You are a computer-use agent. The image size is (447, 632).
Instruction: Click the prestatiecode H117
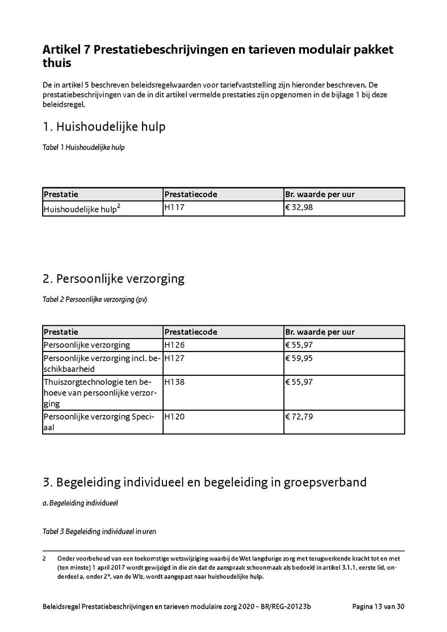174,208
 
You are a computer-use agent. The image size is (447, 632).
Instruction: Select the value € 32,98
299,208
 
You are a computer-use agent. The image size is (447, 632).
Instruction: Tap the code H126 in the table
174,345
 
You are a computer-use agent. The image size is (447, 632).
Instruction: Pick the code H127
174,358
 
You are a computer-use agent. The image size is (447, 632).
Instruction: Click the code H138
174,382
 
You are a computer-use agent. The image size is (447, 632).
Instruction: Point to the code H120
174,417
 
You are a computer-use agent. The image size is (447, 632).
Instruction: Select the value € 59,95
299,358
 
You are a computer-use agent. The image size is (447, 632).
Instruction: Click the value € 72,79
299,417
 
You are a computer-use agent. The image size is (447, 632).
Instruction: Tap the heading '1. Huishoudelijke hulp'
104,127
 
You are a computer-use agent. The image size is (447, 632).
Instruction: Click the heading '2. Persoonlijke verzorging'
113,279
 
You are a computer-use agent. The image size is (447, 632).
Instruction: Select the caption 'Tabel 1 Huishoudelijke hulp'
83,148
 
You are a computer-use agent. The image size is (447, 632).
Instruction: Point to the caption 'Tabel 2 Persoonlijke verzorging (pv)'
95,300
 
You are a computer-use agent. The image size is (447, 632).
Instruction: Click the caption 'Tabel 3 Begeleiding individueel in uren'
99,531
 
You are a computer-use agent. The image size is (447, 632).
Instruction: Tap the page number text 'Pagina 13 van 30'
378,606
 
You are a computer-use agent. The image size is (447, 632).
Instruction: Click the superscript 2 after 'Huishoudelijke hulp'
118,205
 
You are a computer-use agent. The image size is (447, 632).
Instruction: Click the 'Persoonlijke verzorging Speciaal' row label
99,421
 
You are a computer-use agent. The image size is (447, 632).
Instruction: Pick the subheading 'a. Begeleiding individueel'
80,503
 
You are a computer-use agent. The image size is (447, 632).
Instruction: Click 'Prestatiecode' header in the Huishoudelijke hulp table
191,194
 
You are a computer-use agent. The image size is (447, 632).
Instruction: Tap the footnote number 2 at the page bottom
44,559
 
